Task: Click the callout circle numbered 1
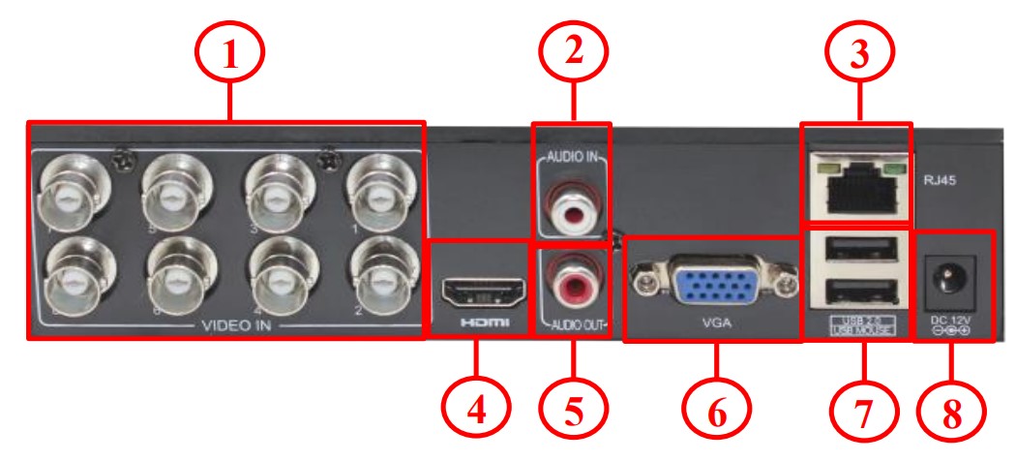tap(229, 55)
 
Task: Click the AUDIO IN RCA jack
tap(572, 204)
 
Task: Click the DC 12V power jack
tap(951, 278)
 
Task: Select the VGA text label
tap(717, 324)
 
